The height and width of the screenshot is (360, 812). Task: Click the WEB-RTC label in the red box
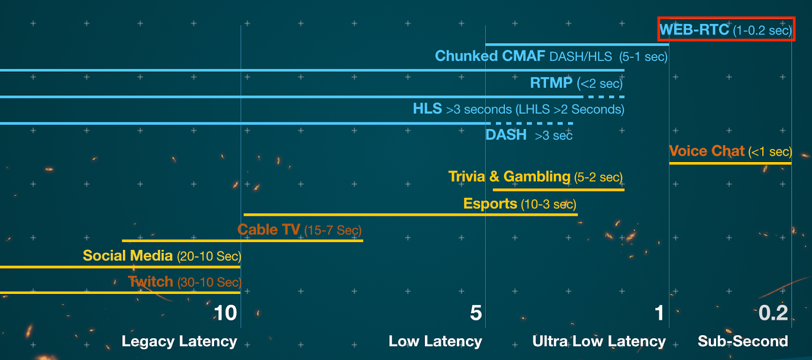coord(694,29)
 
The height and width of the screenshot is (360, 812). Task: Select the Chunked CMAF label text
coord(490,56)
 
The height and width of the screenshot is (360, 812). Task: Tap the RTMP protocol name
coord(551,83)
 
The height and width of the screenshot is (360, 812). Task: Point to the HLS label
coord(427,109)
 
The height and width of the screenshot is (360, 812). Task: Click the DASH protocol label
coord(506,135)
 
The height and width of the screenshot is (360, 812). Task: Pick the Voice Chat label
coord(706,151)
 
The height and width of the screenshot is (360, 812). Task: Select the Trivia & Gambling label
coord(509,177)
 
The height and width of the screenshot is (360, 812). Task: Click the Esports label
coord(490,204)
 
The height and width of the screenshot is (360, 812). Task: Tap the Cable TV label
coord(268,230)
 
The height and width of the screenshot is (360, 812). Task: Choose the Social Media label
coord(127,255)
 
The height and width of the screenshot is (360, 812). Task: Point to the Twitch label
coord(150,282)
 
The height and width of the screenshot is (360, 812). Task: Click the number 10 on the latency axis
coord(225,313)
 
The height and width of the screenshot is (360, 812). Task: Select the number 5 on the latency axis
coord(476,313)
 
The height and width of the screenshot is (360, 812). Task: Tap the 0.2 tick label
coord(773,313)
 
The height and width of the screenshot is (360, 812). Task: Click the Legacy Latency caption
coord(179,341)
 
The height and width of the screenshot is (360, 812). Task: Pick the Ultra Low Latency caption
coord(599,341)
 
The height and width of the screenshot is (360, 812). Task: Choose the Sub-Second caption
coord(742,341)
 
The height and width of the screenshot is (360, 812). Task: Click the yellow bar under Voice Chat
coord(730,163)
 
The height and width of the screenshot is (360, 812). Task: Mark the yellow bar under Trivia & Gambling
coord(558,190)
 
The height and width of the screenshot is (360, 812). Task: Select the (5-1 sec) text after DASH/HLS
coord(643,56)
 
